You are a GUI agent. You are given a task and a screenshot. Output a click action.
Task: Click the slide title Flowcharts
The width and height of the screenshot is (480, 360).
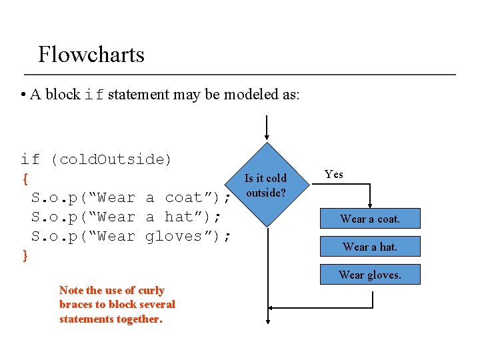(91, 54)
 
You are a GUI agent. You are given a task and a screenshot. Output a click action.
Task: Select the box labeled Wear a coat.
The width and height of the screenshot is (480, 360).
(370, 219)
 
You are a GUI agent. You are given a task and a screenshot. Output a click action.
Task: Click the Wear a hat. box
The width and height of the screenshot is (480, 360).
(370, 247)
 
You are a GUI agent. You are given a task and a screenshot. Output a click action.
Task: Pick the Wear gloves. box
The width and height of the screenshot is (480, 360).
(370, 275)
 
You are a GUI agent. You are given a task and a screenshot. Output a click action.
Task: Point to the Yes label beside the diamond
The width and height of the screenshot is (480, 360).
(333, 175)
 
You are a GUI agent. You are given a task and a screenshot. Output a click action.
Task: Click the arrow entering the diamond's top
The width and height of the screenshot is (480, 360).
(267, 130)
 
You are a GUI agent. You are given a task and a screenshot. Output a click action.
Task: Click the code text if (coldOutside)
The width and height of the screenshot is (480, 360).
(96, 159)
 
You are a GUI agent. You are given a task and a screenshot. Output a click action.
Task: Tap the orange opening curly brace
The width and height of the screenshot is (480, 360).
(25, 179)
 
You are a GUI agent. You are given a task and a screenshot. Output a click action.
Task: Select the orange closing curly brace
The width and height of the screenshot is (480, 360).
(25, 255)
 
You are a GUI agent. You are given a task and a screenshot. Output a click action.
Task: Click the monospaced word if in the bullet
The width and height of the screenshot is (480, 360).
(94, 95)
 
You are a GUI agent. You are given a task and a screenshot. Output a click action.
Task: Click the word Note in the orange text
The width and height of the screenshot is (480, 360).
(71, 290)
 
